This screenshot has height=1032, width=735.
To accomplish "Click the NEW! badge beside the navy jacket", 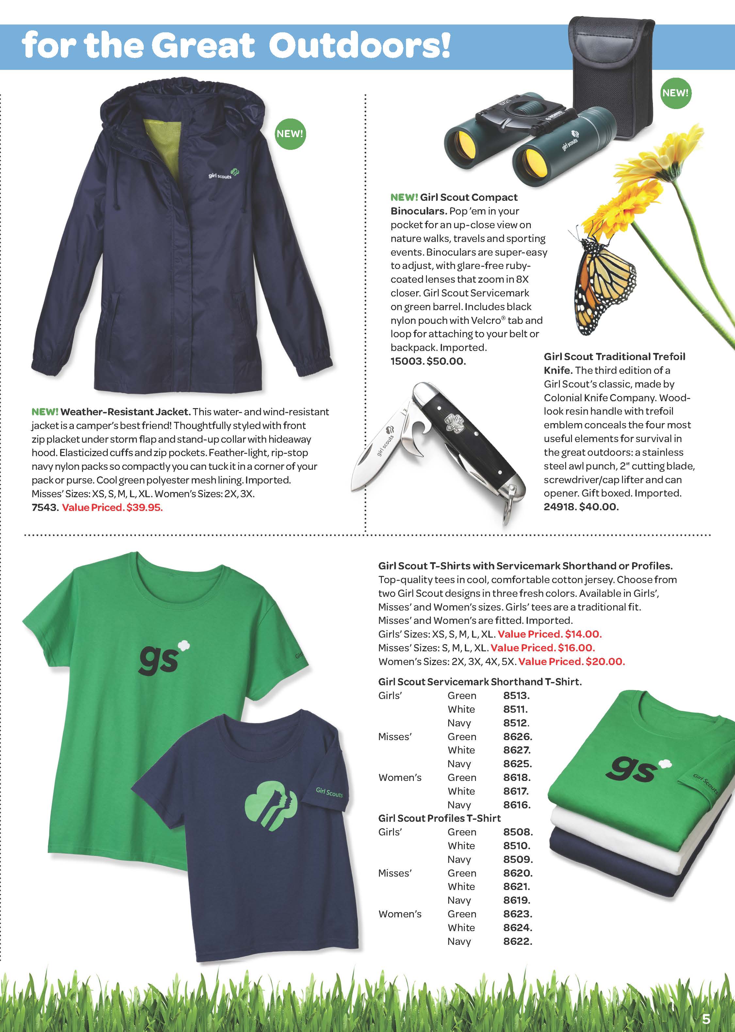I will pos(290,134).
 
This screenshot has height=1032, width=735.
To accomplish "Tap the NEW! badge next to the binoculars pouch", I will pos(675,93).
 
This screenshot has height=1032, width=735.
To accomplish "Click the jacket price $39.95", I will pos(144,507).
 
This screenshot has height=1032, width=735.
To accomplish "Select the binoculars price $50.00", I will pos(446,361).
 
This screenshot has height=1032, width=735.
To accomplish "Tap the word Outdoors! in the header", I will pos(359,46).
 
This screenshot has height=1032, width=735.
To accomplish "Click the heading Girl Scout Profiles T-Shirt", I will pos(439,818).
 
